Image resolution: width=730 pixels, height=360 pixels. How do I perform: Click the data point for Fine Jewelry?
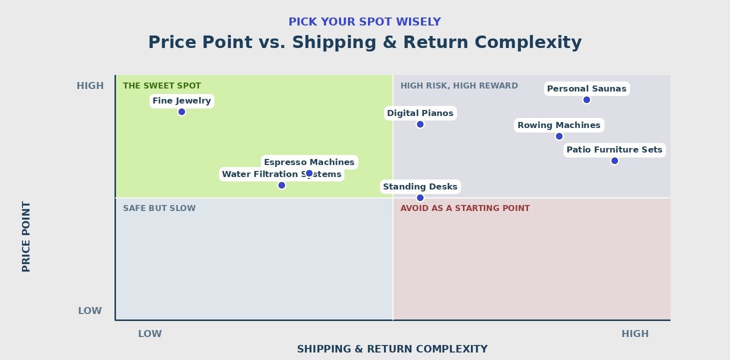(x=182, y=111)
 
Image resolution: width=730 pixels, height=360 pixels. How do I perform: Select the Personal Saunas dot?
(x=586, y=99)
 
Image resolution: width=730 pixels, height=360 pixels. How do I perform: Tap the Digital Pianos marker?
(x=420, y=124)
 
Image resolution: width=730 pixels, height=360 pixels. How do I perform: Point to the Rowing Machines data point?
(x=559, y=136)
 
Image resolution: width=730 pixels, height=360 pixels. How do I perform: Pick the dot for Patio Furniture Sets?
(x=614, y=160)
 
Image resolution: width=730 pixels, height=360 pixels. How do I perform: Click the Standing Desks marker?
(x=420, y=198)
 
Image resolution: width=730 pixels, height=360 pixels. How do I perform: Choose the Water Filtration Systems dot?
(x=281, y=185)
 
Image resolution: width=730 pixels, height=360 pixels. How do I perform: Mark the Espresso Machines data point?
(x=309, y=173)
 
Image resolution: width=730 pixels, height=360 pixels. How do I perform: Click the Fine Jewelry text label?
(x=182, y=100)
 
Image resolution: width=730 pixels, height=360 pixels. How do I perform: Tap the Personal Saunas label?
(x=586, y=88)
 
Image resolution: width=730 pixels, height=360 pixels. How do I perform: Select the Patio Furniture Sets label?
(x=614, y=149)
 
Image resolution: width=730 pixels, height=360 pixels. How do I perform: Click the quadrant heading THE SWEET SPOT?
(x=162, y=85)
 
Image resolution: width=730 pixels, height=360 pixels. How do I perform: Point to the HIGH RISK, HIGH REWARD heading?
(x=459, y=85)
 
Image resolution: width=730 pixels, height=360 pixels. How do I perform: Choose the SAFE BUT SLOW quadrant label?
(x=159, y=208)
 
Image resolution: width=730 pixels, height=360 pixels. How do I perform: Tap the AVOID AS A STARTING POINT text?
(x=465, y=208)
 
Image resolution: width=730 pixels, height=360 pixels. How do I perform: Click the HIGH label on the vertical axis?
(x=90, y=85)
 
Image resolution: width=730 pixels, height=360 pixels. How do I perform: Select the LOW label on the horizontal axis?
(x=150, y=333)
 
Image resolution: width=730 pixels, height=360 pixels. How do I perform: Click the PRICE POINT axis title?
(x=26, y=236)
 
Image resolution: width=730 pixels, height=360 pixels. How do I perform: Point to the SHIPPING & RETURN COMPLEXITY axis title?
(x=392, y=349)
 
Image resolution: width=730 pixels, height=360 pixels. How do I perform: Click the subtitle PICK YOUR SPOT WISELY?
(x=364, y=22)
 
